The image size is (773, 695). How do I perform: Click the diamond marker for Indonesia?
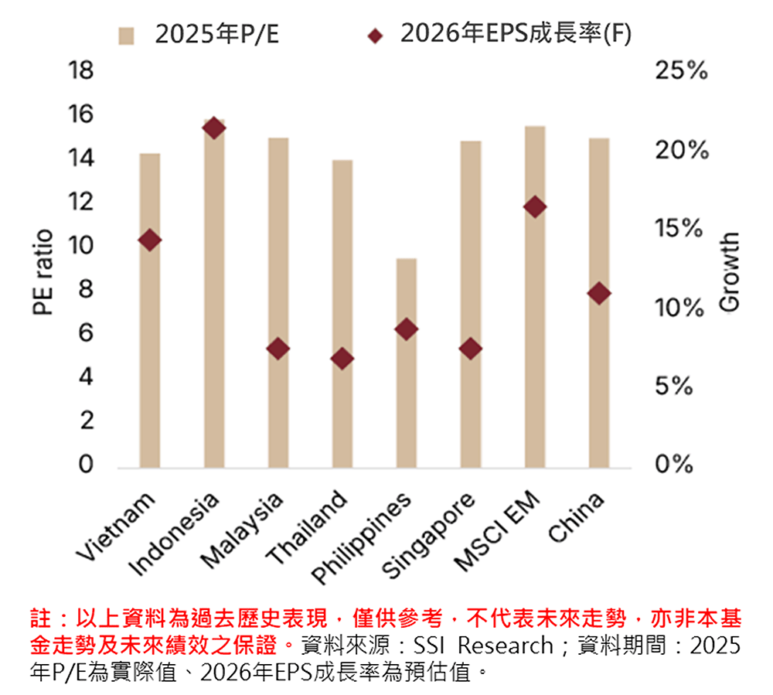point(214,128)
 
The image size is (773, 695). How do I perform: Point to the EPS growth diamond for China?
point(599,293)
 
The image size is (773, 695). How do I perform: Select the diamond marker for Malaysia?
point(278,349)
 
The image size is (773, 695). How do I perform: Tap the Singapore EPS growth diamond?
point(471,349)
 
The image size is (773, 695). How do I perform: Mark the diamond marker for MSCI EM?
point(535,206)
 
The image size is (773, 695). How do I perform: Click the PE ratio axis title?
point(43,272)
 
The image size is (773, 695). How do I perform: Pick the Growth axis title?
point(729,272)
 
